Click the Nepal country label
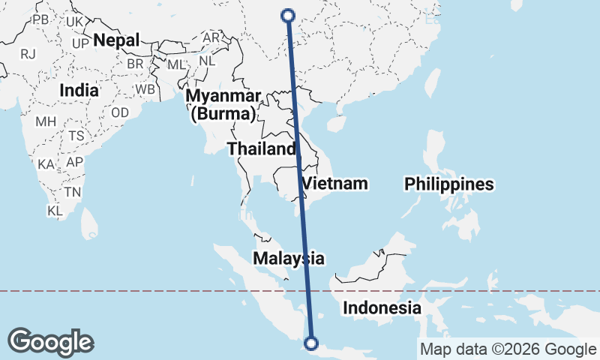(116, 40)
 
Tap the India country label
(79, 90)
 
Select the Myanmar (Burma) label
(223, 105)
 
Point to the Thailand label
(262, 148)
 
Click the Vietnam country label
(334, 183)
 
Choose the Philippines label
(449, 184)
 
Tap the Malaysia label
(289, 258)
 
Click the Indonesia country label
(382, 307)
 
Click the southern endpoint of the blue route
(310, 344)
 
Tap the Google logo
(50, 342)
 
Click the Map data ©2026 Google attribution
(507, 349)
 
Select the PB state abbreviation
(40, 19)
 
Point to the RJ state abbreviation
(28, 53)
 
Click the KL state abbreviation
(54, 211)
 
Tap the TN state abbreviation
(72, 191)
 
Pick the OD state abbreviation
(119, 112)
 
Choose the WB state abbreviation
(145, 88)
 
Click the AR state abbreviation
(211, 37)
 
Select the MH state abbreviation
(46, 121)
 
